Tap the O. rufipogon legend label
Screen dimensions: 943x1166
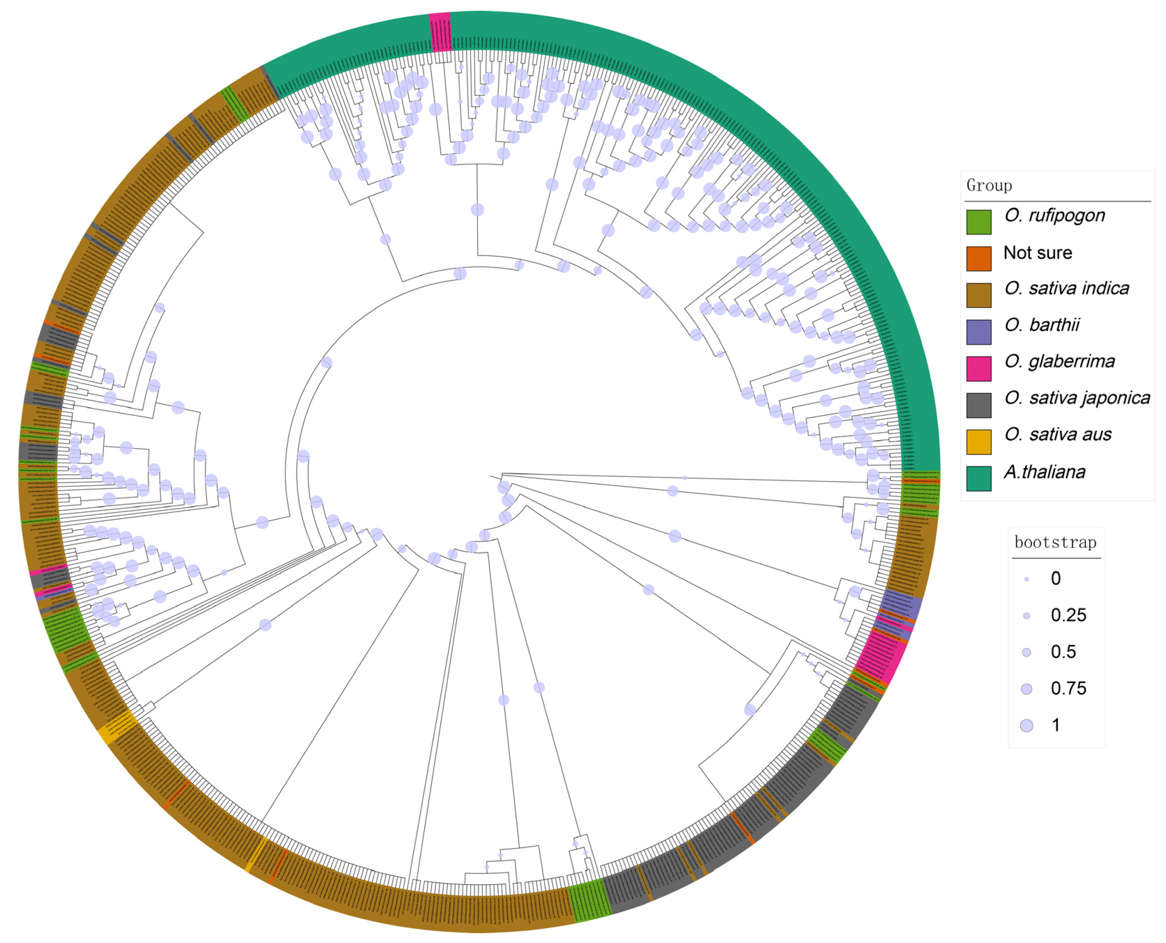coord(1054,216)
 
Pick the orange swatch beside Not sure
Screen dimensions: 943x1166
coord(978,258)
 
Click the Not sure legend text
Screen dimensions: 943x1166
coord(1037,253)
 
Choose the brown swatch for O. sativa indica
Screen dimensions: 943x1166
coord(978,295)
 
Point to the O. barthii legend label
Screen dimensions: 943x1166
coord(1041,325)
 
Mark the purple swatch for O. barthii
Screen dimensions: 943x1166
coord(978,332)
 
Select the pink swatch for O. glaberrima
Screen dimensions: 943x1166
coord(978,368)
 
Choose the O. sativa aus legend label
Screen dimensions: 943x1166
coord(1057,434)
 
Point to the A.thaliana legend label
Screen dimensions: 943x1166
coord(1044,472)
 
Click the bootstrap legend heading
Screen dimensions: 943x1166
coord(1055,542)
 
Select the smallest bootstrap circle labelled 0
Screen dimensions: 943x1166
coord(1026,580)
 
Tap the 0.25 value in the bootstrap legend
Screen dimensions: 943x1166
coord(1068,615)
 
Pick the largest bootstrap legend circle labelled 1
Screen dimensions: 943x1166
coord(1026,726)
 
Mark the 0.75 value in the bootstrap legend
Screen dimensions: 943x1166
coord(1068,688)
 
